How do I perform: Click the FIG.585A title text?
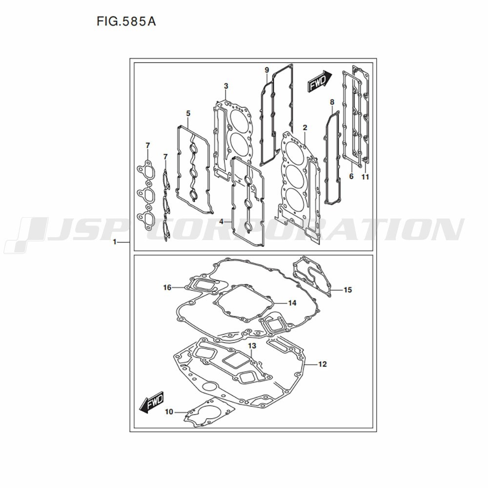click(126, 21)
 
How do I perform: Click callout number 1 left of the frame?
click(115, 242)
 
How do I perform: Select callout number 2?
click(305, 127)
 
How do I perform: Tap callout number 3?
click(226, 86)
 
